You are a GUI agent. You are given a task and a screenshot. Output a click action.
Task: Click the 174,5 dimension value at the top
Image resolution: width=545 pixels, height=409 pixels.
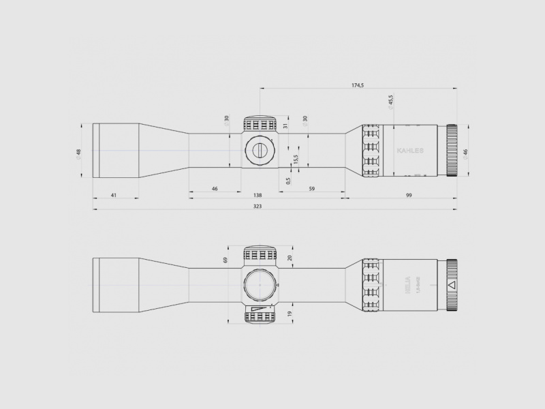click(358, 85)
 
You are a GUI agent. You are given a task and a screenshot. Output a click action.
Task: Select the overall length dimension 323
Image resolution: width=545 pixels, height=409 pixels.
click(258, 205)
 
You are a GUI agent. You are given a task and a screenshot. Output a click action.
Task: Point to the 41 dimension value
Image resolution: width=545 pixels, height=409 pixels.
click(114, 196)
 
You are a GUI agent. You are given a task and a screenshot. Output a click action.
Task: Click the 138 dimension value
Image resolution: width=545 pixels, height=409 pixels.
click(258, 196)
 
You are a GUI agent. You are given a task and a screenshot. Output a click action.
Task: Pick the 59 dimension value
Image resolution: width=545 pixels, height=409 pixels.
click(311, 188)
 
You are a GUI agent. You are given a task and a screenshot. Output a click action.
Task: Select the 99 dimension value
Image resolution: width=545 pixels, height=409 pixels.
click(409, 196)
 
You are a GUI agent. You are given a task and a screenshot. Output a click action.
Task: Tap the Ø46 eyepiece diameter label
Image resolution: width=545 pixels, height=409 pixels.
click(466, 154)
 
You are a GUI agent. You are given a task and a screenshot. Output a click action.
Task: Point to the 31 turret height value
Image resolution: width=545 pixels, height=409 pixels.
click(286, 125)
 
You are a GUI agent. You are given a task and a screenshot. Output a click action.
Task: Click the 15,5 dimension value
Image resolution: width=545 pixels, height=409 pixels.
click(296, 159)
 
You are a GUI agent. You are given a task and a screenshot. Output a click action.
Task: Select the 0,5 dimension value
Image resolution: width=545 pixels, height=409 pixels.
click(289, 181)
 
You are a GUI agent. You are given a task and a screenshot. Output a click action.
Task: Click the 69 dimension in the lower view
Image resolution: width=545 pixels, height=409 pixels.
click(225, 260)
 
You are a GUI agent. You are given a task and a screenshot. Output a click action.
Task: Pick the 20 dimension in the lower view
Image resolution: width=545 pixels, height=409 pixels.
click(290, 258)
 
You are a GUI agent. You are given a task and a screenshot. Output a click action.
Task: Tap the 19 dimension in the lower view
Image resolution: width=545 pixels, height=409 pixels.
click(290, 314)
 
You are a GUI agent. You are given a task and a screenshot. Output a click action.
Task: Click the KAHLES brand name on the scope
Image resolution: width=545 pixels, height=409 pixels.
click(409, 151)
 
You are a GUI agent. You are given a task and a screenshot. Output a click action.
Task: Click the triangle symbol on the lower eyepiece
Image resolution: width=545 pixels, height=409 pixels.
click(450, 286)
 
